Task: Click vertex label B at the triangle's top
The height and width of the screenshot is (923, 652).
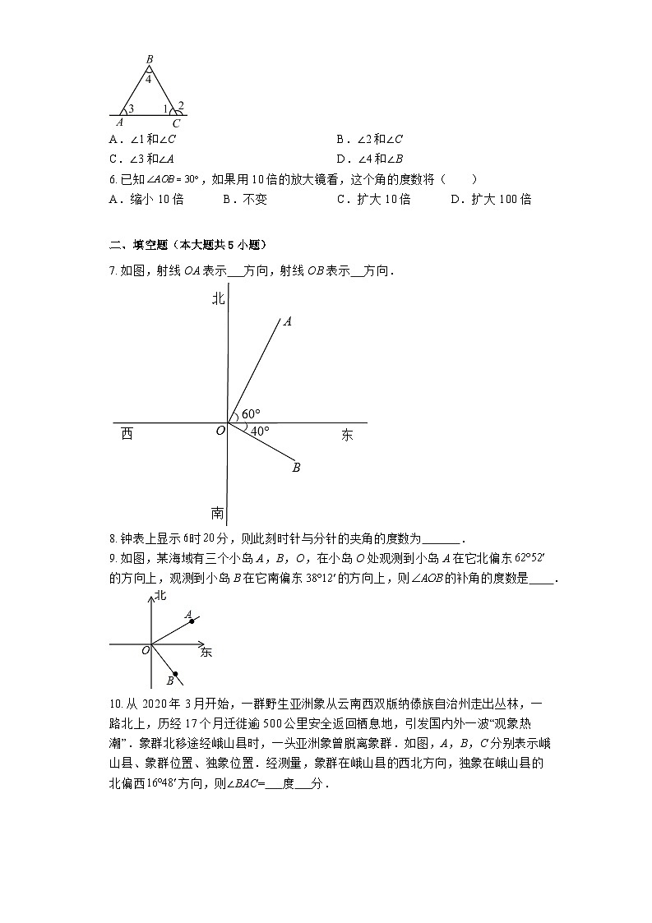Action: coord(149,59)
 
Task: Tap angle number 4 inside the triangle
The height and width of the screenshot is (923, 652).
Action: coord(149,80)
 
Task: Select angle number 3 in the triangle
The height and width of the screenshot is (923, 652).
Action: coord(131,108)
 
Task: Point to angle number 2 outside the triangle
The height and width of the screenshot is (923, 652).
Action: coord(181,104)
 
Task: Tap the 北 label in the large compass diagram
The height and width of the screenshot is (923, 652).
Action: coord(218,300)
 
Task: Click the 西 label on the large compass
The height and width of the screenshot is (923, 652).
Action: coord(127,434)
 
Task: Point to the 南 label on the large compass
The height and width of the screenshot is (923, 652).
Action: coord(217,514)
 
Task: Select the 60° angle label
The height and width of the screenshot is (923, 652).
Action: coord(251,413)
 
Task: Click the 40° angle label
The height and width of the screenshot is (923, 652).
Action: coord(260,431)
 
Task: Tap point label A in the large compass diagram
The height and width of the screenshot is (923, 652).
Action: coord(287,322)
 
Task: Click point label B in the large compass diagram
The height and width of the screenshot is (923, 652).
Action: coord(296,468)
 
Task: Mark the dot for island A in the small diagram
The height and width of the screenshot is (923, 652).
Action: coord(192,621)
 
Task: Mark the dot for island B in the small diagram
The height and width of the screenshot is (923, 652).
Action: coord(175,674)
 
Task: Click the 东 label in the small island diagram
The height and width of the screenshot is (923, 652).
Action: coord(206,653)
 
